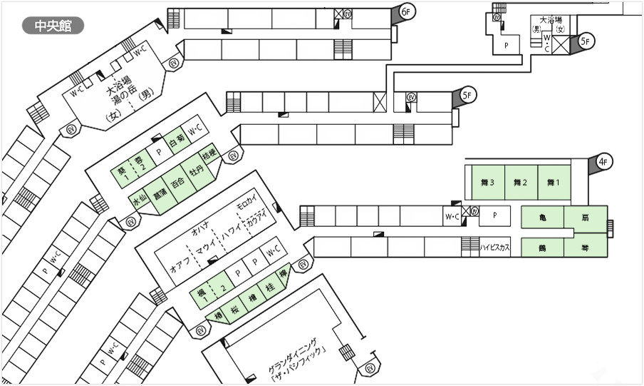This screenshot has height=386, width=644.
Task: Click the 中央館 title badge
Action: pyautogui.click(x=53, y=26)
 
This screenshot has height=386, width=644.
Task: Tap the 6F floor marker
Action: pyautogui.click(x=405, y=13)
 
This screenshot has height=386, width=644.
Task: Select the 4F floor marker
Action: pyautogui.click(x=602, y=163)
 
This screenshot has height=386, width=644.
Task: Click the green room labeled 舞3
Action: pyautogui.click(x=488, y=183)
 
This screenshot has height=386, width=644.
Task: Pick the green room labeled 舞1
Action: pyautogui.click(x=554, y=183)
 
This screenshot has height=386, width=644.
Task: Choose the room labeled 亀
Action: pyautogui.click(x=542, y=218)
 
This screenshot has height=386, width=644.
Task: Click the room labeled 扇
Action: pyautogui.click(x=584, y=218)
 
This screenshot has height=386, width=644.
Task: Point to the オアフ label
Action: pyautogui.click(x=177, y=267)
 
